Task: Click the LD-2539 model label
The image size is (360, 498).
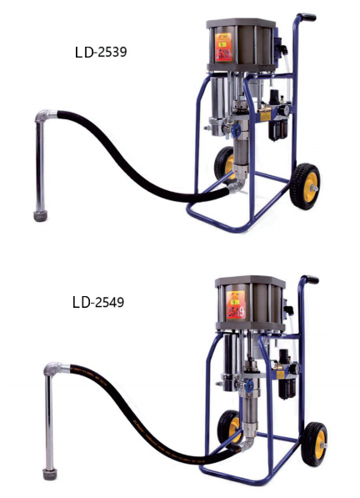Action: point(101,52)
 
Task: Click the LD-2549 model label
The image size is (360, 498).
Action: point(98,302)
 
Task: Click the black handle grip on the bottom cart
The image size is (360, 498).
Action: point(309,279)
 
